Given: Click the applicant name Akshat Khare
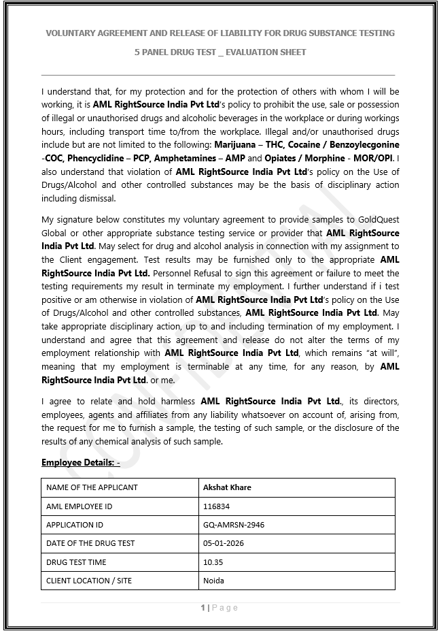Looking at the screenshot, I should pyautogui.click(x=228, y=487).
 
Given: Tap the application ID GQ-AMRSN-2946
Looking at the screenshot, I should pyautogui.click(x=234, y=525).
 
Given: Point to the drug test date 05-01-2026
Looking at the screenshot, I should pyautogui.click(x=224, y=543).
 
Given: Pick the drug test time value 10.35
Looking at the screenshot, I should pyautogui.click(x=213, y=562).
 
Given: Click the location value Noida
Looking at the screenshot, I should pyautogui.click(x=213, y=581).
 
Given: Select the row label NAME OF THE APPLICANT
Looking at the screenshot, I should pyautogui.click(x=92, y=487).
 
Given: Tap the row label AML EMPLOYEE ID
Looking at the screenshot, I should pyautogui.click(x=80, y=506).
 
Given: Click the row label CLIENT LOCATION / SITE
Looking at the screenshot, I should pyautogui.click(x=88, y=581).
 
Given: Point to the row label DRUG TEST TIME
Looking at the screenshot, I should pyautogui.click(x=76, y=562).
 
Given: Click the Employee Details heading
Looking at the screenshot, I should pyautogui.click(x=80, y=463).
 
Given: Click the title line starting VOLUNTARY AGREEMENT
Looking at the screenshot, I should pyautogui.click(x=219, y=33).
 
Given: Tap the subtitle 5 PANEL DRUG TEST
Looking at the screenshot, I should pyautogui.click(x=219, y=52).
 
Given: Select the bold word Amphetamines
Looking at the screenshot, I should pyautogui.click(x=186, y=158).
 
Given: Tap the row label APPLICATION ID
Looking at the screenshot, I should pyautogui.click(x=75, y=525).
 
